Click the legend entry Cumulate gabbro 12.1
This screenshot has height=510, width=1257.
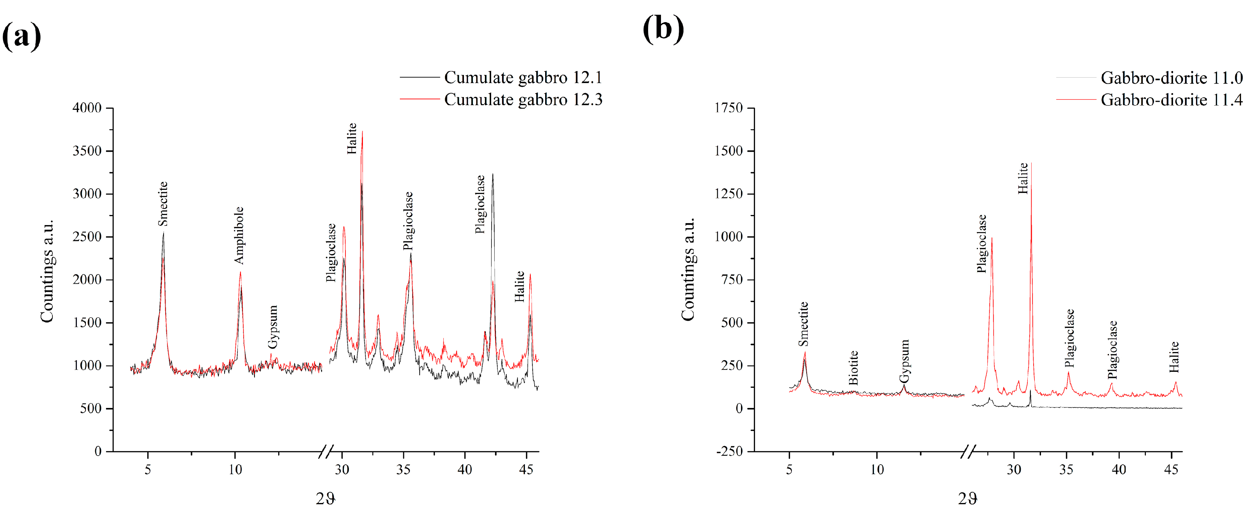click(x=523, y=78)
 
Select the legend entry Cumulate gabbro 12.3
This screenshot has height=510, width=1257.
click(x=523, y=99)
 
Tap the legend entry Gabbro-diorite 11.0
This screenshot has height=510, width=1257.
click(x=1171, y=78)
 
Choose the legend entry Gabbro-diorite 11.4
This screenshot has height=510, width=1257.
click(x=1171, y=100)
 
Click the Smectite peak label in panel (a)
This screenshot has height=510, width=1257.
click(x=163, y=204)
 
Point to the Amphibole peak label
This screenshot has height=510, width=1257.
click(x=239, y=236)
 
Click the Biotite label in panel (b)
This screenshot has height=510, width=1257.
click(x=853, y=367)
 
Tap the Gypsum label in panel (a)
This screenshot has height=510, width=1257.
click(x=273, y=327)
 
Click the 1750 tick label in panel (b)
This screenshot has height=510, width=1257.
click(x=728, y=108)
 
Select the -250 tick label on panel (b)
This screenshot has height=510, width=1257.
click(x=729, y=451)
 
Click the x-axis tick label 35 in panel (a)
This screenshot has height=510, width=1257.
click(x=403, y=470)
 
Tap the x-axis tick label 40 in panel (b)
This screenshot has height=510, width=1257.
click(x=1118, y=470)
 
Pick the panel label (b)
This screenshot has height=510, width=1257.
click(x=663, y=29)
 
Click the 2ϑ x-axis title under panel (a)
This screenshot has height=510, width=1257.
click(x=326, y=498)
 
